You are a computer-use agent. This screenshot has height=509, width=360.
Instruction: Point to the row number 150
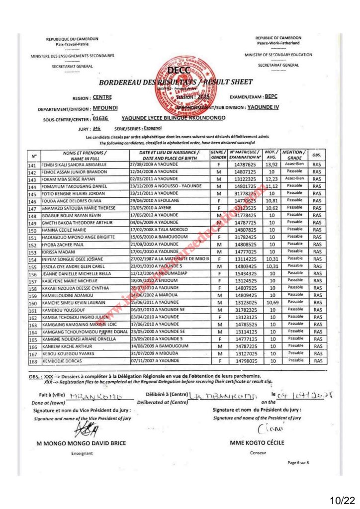coord(33,231)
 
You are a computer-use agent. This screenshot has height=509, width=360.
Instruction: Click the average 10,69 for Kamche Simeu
coord(271,303)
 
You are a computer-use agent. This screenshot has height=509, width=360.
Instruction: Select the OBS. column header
coord(317,155)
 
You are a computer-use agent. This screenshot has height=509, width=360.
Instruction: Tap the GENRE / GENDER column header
coord(219,155)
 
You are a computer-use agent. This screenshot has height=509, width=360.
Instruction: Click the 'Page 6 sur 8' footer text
coord(298,463)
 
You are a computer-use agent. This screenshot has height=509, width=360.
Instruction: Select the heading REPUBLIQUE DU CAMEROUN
coord(72,39)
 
